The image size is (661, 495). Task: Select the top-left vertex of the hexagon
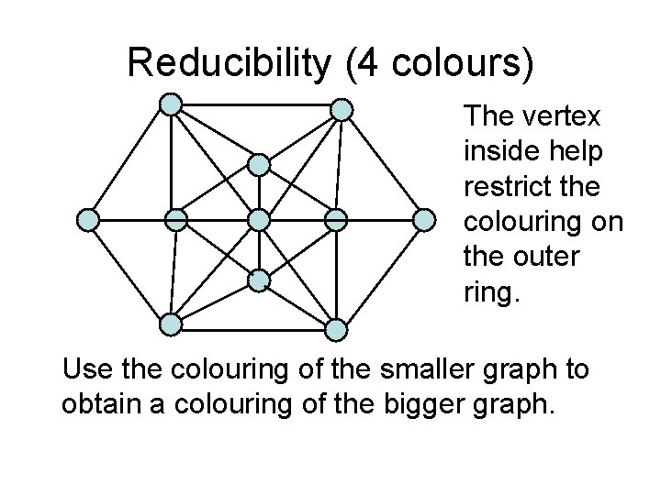(171, 105)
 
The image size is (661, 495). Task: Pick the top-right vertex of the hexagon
(341, 110)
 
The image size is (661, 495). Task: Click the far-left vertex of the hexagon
(87, 220)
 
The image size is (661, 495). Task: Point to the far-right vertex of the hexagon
(424, 220)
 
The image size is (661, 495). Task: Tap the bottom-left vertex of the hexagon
(171, 324)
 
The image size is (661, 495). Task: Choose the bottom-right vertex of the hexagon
(337, 328)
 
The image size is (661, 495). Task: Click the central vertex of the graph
(259, 220)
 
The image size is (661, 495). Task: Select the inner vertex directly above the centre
(259, 164)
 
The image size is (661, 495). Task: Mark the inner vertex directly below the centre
(259, 279)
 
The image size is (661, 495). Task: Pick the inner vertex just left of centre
(175, 220)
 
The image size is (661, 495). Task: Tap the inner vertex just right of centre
(337, 220)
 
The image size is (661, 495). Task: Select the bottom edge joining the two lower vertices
(254, 325)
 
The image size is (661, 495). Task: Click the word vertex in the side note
(566, 117)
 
